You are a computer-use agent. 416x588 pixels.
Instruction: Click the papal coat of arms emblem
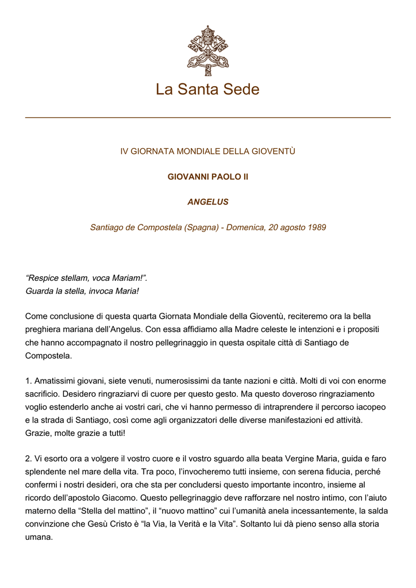pos(207,50)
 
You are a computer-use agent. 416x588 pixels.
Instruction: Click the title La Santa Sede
pos(207,90)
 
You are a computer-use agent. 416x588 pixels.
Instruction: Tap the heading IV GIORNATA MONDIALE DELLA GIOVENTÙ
pos(207,152)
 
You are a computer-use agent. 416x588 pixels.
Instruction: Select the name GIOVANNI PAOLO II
pos(207,177)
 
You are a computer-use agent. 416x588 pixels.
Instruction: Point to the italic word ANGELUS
pos(207,202)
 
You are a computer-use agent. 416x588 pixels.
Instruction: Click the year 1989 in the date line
pos(317,227)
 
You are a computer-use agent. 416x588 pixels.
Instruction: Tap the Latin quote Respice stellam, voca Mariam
pos(86,278)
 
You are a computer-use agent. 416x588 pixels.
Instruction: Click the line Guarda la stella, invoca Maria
pos(82,291)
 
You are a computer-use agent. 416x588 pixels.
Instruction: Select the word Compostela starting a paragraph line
pos(48,355)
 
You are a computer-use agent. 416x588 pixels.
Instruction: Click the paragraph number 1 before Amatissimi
pos(28,381)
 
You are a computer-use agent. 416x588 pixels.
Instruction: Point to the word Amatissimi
pos(56,381)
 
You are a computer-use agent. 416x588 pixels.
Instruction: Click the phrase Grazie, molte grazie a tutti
pos(75,432)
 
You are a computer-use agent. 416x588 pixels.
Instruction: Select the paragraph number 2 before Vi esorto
pos(28,458)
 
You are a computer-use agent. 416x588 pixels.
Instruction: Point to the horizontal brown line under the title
pos(207,118)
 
